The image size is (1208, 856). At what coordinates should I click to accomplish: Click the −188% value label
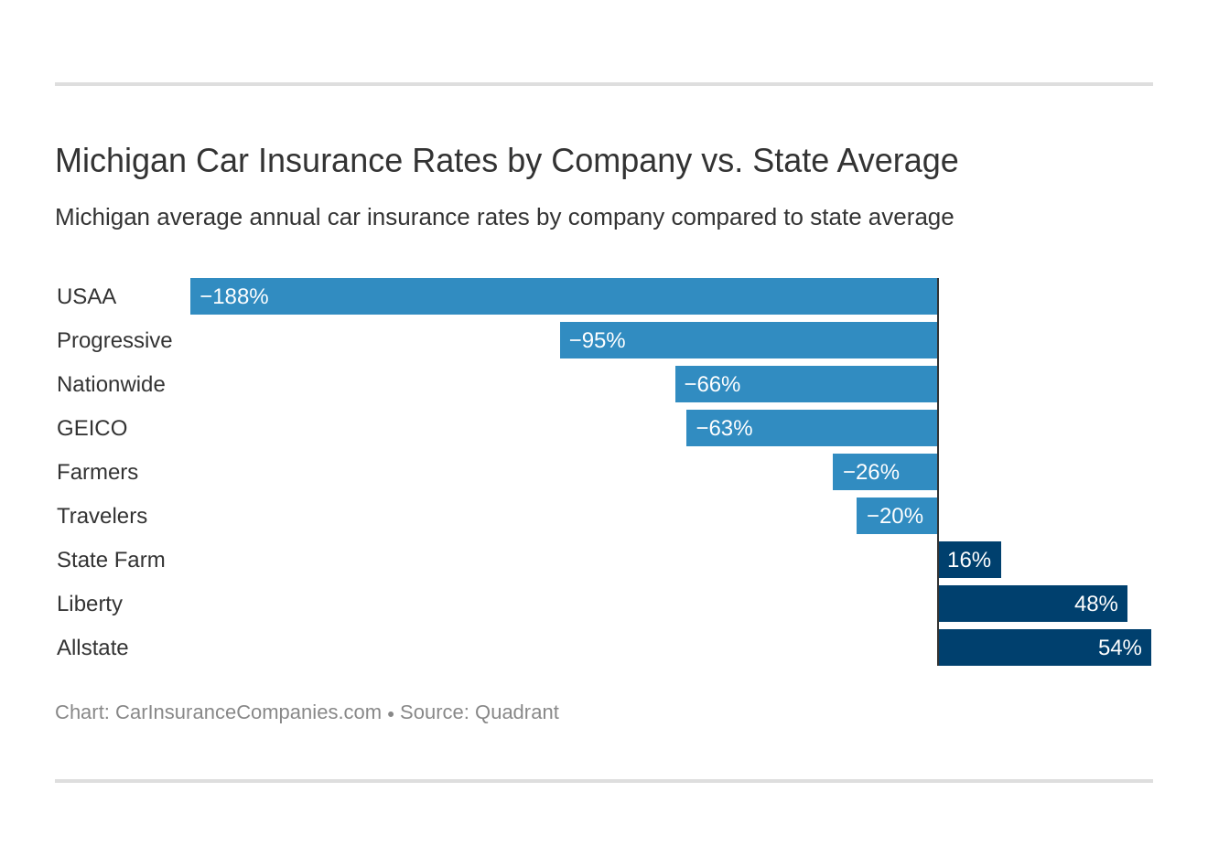(x=233, y=296)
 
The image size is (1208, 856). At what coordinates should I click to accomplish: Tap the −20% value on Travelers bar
(x=894, y=516)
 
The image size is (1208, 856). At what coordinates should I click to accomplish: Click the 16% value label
(x=968, y=560)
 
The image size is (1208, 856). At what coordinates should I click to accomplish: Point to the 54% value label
(x=1119, y=647)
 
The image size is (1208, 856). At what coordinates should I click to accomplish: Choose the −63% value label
(x=724, y=428)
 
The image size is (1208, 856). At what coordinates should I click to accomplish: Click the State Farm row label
(x=111, y=560)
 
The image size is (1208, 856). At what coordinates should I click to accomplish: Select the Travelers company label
(x=102, y=516)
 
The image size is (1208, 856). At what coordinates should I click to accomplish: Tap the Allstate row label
(x=92, y=647)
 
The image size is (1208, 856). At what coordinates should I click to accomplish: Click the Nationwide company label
(x=111, y=384)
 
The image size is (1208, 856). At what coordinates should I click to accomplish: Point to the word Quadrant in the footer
(x=516, y=712)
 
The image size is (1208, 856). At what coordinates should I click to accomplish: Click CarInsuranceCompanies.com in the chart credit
(x=248, y=712)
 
